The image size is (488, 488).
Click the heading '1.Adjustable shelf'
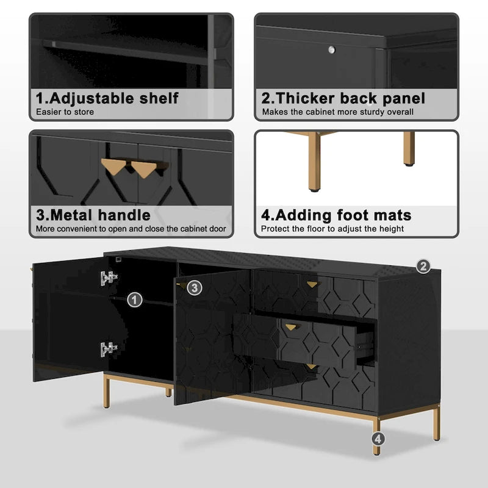pyautogui.click(x=107, y=98)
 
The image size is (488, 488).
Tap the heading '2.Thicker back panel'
pyautogui.click(x=343, y=98)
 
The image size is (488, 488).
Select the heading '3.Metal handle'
pyautogui.click(x=93, y=215)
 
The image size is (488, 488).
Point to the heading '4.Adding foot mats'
pyautogui.click(x=336, y=215)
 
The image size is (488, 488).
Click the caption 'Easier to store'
pyautogui.click(x=65, y=112)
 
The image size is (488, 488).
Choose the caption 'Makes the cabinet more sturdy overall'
pyautogui.click(x=337, y=112)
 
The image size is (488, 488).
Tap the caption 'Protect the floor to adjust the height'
pyautogui.click(x=332, y=229)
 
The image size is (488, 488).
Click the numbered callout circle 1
pyautogui.click(x=135, y=300)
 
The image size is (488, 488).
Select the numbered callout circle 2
pyautogui.click(x=423, y=266)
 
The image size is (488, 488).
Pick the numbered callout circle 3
pyautogui.click(x=194, y=287)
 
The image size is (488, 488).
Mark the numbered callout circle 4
pyautogui.click(x=378, y=438)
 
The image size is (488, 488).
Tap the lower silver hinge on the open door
pyautogui.click(x=108, y=350)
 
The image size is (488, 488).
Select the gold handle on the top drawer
pyautogui.click(x=312, y=284)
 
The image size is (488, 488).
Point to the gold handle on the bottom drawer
pyautogui.click(x=312, y=367)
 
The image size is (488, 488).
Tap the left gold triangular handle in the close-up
pyautogui.click(x=113, y=166)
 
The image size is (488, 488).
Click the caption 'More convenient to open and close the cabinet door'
pyautogui.click(x=131, y=229)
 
